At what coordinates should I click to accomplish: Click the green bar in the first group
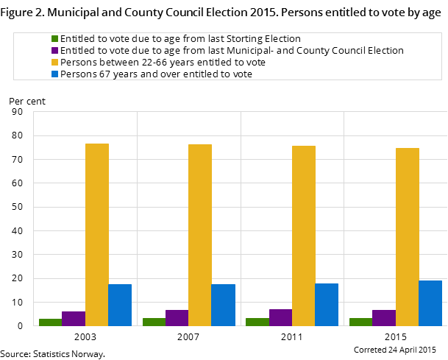[x=50, y=322]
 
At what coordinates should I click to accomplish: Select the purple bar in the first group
[x=74, y=318]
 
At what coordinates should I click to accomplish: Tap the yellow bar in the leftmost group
[x=97, y=234]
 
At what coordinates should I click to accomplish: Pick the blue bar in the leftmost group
[x=120, y=305]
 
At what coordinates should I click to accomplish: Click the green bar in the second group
[x=154, y=322]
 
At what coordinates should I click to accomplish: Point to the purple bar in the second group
[x=177, y=317]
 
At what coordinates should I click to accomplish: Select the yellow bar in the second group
[x=200, y=235]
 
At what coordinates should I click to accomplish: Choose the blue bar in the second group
[x=223, y=305]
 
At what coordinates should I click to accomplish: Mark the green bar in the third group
[x=257, y=322]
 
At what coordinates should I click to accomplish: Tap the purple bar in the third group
[x=280, y=317]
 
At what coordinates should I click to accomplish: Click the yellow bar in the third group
[x=304, y=236]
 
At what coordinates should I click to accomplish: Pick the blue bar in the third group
[x=327, y=304]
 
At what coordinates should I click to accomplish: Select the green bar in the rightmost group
[x=360, y=322]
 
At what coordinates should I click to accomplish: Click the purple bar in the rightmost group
[x=384, y=317]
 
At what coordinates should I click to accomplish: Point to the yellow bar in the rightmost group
[x=408, y=236]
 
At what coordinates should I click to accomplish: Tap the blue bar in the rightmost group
[x=430, y=303]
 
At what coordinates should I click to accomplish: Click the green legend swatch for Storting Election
[x=54, y=38]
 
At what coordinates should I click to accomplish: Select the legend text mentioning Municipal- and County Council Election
[x=232, y=50]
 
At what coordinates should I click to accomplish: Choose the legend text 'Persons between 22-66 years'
[x=163, y=62]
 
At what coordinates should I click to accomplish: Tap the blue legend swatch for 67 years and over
[x=54, y=74]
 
